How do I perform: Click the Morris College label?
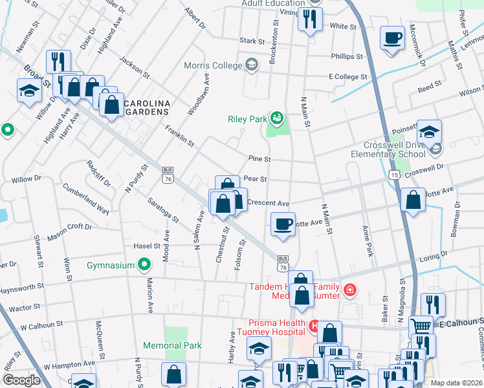pos(213,65)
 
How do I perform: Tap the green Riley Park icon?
pos(277,118)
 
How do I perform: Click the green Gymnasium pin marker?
pos(145,264)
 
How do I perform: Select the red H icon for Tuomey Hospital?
pos(314,324)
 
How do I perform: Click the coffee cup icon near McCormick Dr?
pos(391,38)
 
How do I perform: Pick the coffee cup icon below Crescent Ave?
pos(281,224)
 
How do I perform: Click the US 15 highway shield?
pos(394,175)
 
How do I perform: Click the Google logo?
pos(21,380)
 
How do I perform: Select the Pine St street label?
pos(259,158)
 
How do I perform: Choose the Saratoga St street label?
pos(162,210)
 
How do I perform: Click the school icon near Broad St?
pos(29,91)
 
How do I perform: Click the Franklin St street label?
pos(179,135)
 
